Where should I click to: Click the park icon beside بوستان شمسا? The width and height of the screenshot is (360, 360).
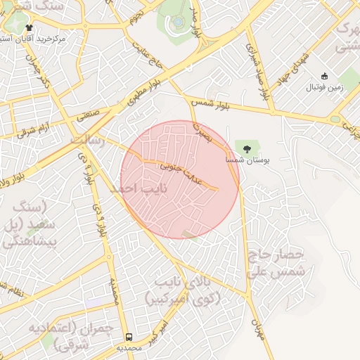click(247, 147)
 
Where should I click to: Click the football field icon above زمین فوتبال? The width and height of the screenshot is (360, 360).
click(324, 76)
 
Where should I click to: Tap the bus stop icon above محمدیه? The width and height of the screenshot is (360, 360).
click(129, 337)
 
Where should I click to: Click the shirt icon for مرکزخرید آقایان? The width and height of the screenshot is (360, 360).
click(29, 27)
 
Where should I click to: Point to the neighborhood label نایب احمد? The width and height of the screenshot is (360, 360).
click(130, 188)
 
